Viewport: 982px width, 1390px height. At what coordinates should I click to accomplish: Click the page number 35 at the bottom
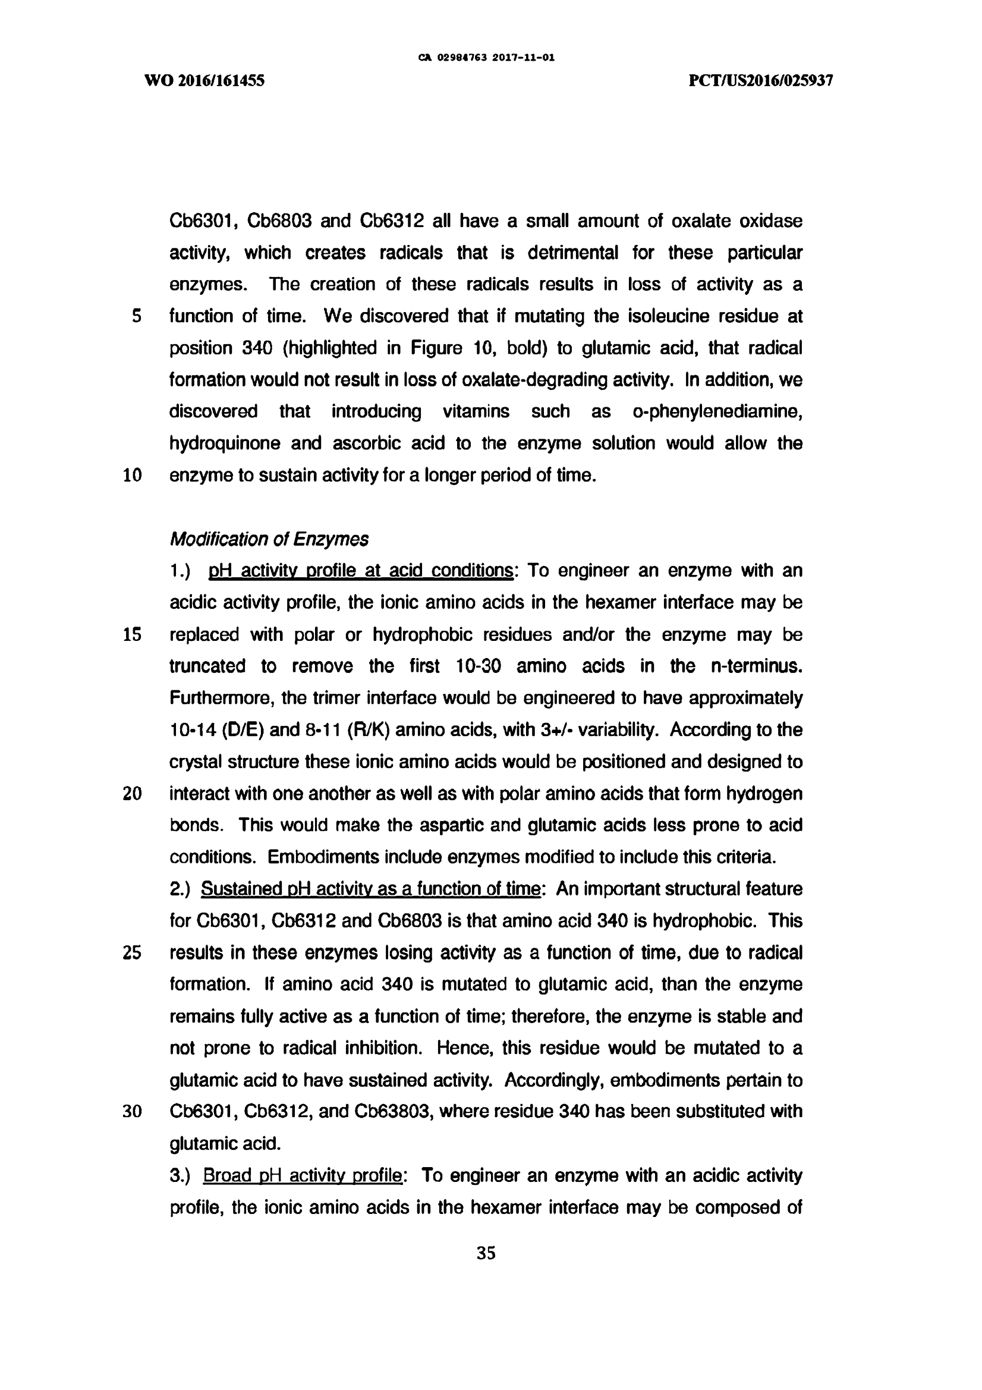pyautogui.click(x=486, y=1253)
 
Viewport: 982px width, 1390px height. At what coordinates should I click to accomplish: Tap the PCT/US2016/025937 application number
pyautogui.click(x=761, y=80)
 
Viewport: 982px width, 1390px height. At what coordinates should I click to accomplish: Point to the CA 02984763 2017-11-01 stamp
pyautogui.click(x=486, y=58)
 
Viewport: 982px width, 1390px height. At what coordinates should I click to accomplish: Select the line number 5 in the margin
pyautogui.click(x=136, y=316)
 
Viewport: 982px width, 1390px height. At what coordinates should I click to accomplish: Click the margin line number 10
pyautogui.click(x=132, y=475)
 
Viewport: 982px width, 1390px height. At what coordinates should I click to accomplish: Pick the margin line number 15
pyautogui.click(x=132, y=634)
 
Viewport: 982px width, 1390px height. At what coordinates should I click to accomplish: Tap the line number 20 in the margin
pyautogui.click(x=132, y=794)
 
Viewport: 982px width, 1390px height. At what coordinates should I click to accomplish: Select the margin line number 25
pyautogui.click(x=132, y=953)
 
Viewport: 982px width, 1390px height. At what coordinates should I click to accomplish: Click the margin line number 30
pyautogui.click(x=132, y=1112)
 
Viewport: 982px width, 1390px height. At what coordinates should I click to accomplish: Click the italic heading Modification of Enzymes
pyautogui.click(x=269, y=539)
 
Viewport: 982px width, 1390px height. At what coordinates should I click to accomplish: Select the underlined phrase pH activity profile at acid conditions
pyautogui.click(x=361, y=571)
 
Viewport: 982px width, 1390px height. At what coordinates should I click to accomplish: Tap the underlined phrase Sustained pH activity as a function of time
pyautogui.click(x=370, y=889)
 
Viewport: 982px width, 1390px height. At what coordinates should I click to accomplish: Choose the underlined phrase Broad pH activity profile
pyautogui.click(x=302, y=1176)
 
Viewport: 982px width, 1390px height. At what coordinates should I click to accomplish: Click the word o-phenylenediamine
pyautogui.click(x=717, y=411)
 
